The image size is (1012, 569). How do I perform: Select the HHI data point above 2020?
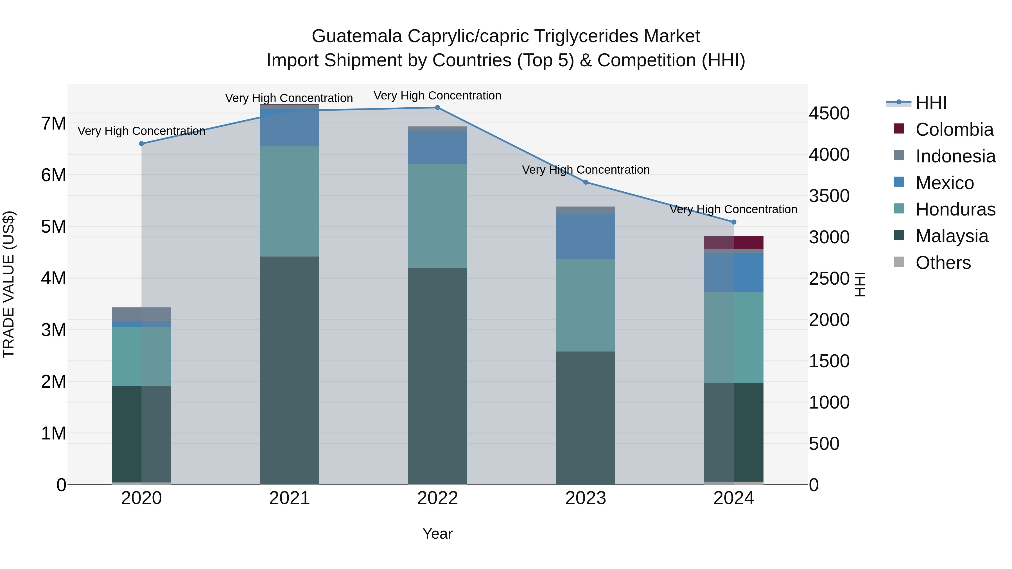point(141,144)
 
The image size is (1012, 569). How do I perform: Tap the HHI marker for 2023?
point(585,182)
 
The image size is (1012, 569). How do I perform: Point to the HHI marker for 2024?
point(733,222)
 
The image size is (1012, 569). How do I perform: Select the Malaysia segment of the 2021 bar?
point(290,369)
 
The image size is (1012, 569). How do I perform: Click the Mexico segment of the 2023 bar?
point(585,236)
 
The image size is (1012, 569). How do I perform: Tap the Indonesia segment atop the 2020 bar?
point(141,314)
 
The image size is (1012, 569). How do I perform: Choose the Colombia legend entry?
point(954,130)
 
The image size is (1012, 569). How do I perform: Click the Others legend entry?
point(943,263)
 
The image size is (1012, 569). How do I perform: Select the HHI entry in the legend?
point(931,103)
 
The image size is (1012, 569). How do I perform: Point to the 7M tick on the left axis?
point(53,124)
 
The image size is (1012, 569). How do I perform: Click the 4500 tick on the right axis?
point(829,114)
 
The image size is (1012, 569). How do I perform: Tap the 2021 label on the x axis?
point(290,498)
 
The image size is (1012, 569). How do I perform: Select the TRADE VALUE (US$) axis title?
point(9,284)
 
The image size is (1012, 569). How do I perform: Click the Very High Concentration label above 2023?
point(585,170)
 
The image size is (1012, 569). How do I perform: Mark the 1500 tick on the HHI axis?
point(829,361)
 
